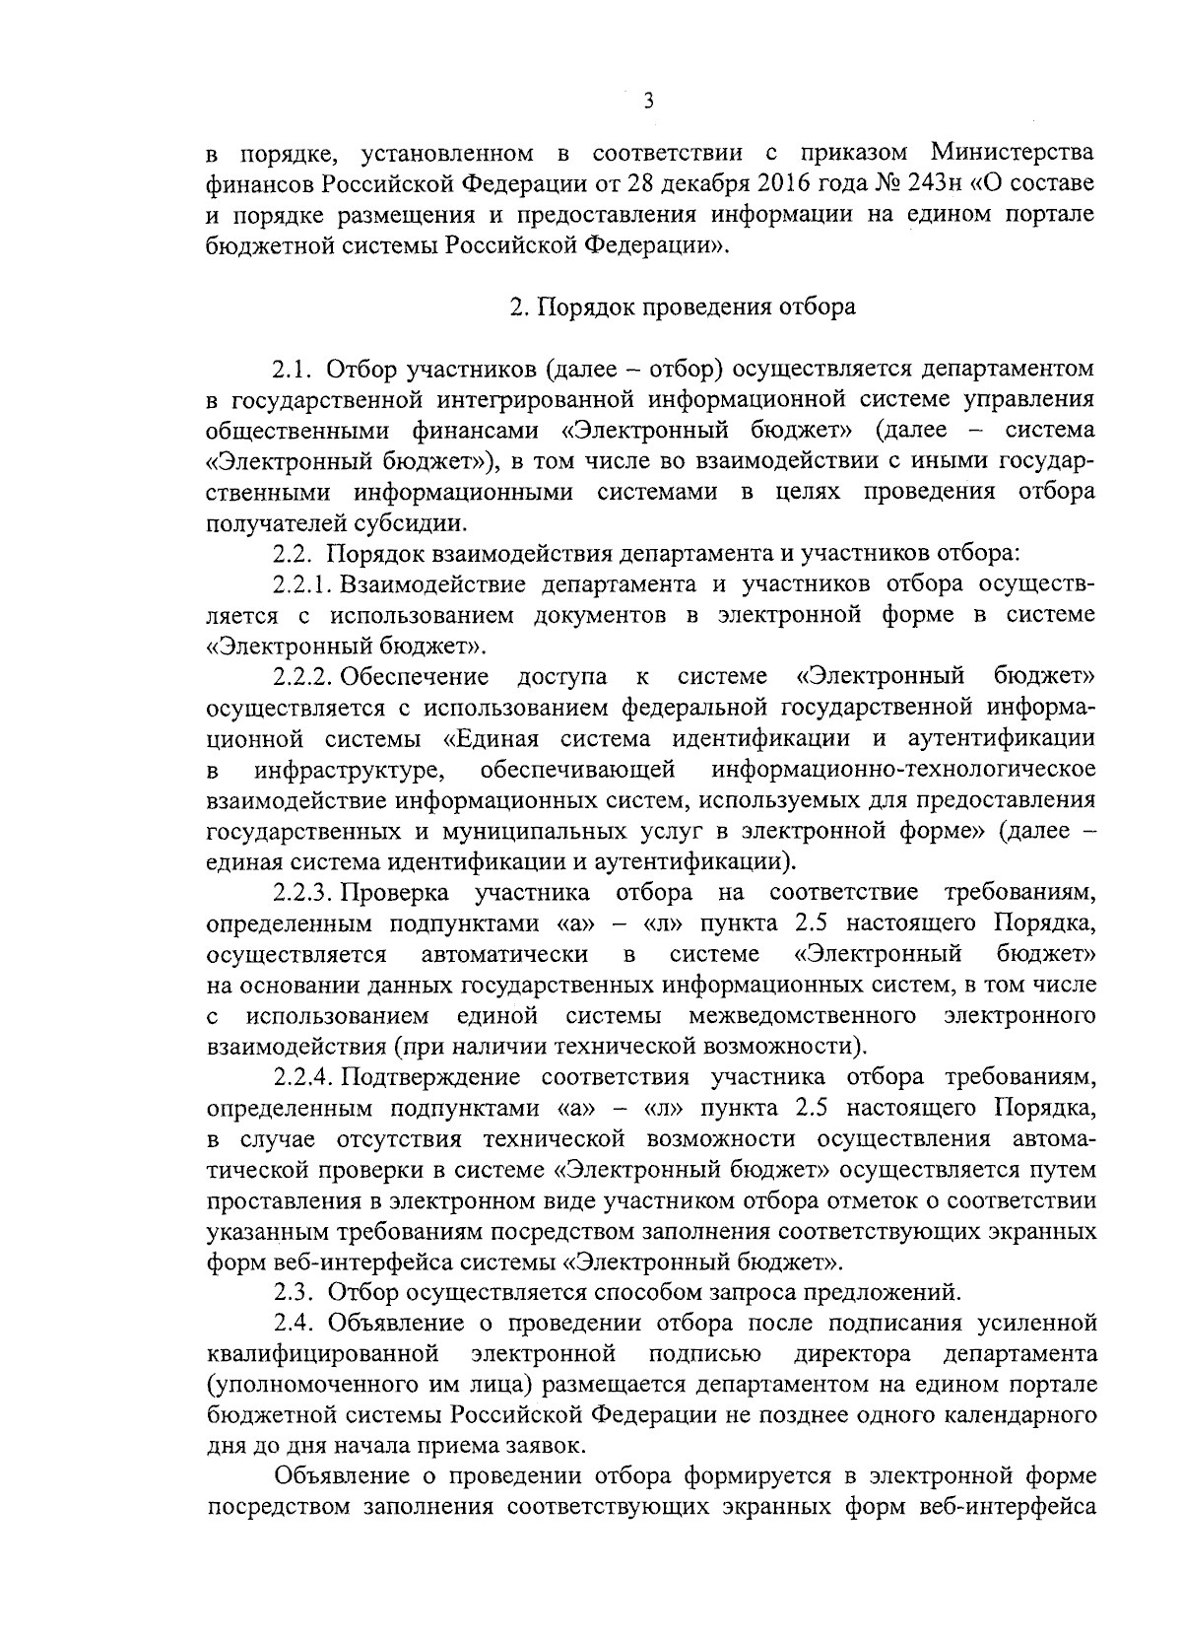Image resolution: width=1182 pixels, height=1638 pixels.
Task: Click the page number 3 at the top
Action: point(647,100)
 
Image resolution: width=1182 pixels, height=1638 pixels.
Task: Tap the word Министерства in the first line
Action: point(1014,153)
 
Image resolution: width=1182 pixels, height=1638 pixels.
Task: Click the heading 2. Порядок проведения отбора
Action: point(683,307)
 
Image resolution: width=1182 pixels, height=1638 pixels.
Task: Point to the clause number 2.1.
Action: point(292,370)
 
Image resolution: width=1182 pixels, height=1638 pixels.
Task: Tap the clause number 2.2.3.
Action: point(306,893)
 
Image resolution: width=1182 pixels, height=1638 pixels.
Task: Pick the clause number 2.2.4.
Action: point(306,1076)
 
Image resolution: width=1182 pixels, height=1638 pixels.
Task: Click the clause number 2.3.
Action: point(292,1291)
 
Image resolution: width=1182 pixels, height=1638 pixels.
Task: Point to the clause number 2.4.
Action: point(292,1322)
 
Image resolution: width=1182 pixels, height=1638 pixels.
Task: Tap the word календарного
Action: point(1022,1414)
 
